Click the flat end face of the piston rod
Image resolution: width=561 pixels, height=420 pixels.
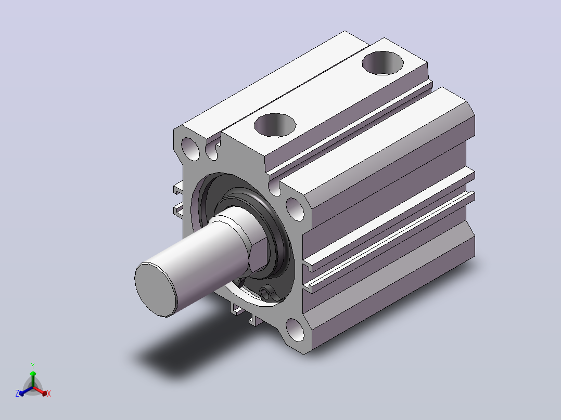point(156,290)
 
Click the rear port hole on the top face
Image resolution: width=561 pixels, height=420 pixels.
point(382,63)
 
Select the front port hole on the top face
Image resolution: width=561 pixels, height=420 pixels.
point(275,125)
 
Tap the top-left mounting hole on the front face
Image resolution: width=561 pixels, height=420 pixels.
point(190,149)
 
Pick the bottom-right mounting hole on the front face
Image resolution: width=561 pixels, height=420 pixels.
point(295,330)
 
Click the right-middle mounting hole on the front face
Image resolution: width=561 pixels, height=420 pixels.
point(295,209)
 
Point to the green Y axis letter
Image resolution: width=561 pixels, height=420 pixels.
point(33,365)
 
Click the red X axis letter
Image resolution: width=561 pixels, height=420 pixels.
point(49,393)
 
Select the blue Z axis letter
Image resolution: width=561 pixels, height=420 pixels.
point(17,393)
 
